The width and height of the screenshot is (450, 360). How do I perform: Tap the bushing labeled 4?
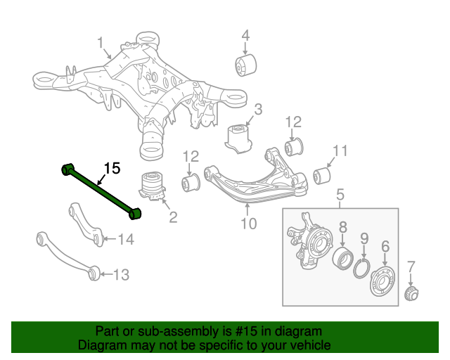[244, 65]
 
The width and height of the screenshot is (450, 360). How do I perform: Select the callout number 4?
[245, 35]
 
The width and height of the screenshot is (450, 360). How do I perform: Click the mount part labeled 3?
[240, 136]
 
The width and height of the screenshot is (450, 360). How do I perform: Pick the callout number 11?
[340, 150]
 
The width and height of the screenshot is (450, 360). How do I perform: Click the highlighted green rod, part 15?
[102, 189]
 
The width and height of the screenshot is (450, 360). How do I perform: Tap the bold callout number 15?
[112, 168]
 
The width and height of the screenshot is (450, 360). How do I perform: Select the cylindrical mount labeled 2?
[151, 187]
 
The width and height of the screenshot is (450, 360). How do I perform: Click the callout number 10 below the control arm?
[248, 224]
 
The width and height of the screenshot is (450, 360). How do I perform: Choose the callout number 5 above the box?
[340, 195]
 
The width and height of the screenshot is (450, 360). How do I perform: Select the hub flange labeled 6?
[382, 282]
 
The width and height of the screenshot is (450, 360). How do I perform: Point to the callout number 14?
[124, 240]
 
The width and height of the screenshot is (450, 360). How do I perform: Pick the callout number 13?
[121, 274]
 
